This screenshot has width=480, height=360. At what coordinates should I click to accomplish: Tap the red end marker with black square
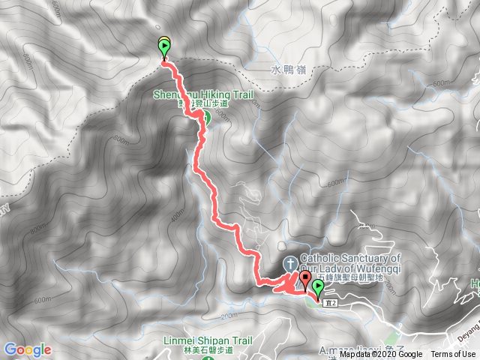(x=305, y=281)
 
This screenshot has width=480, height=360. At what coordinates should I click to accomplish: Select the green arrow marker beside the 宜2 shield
(x=318, y=287)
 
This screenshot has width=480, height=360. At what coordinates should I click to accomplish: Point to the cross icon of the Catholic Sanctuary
(x=289, y=264)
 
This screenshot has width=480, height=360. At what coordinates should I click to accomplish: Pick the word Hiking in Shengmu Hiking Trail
(x=211, y=95)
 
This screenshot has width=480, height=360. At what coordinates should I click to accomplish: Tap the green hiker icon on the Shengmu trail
(x=204, y=117)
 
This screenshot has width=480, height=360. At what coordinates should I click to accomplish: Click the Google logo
(x=27, y=349)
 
